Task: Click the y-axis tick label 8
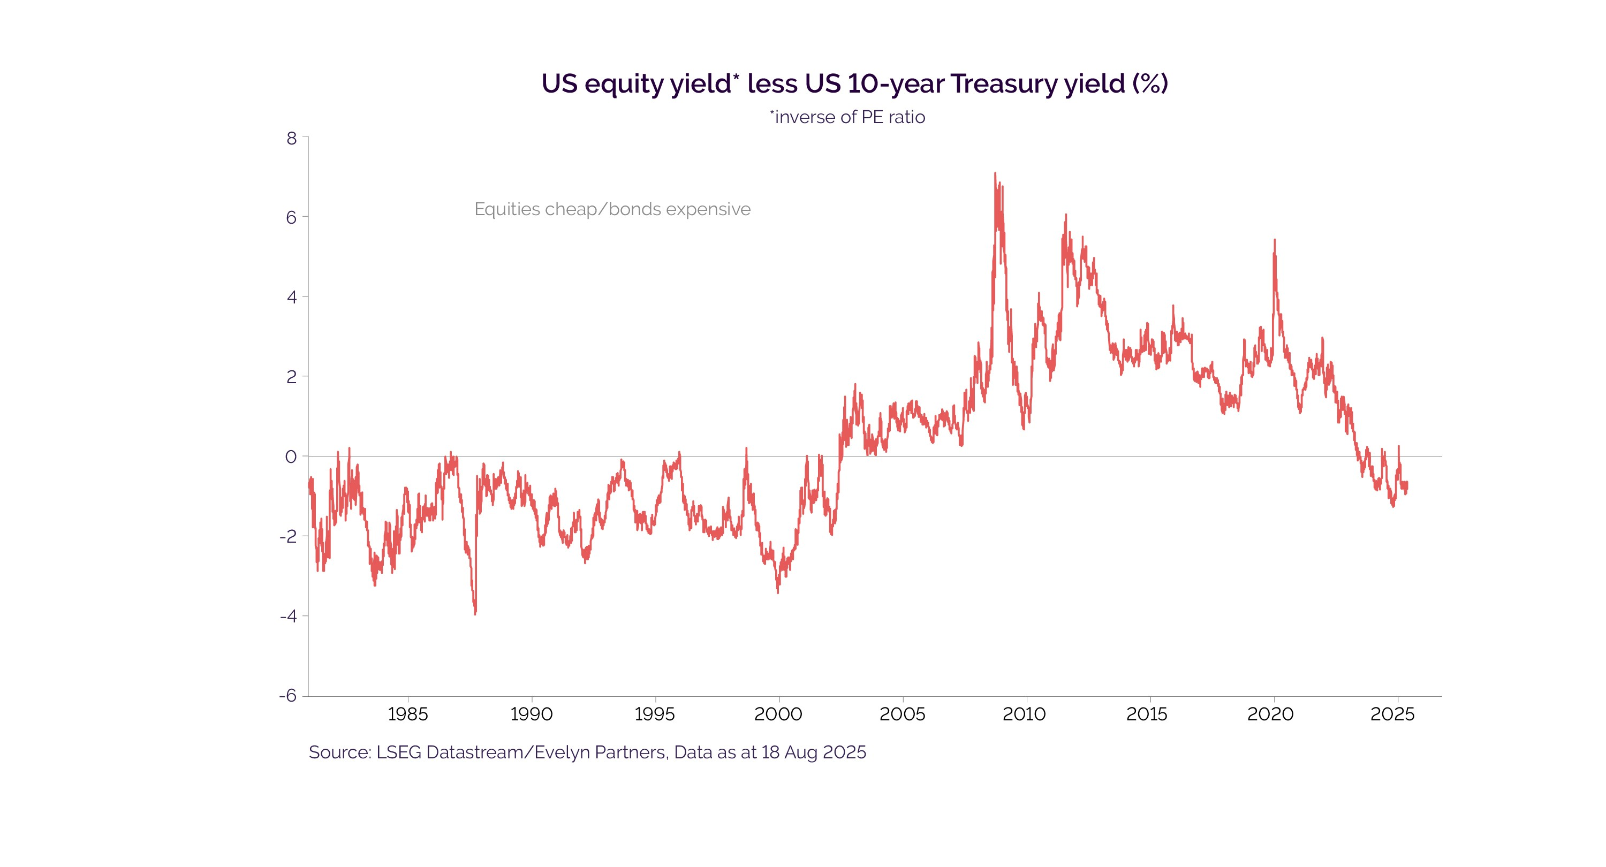click(291, 139)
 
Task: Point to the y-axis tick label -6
click(288, 696)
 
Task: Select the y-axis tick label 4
click(291, 298)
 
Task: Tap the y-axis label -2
click(288, 536)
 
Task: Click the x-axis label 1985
click(408, 714)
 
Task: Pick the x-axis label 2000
click(778, 714)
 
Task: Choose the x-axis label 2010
click(1024, 714)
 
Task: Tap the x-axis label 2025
click(1392, 714)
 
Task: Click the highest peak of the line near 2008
click(995, 174)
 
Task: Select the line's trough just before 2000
click(777, 591)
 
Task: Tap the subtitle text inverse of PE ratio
click(849, 117)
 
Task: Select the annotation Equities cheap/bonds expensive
click(612, 209)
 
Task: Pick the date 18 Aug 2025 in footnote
click(813, 752)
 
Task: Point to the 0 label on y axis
click(291, 457)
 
